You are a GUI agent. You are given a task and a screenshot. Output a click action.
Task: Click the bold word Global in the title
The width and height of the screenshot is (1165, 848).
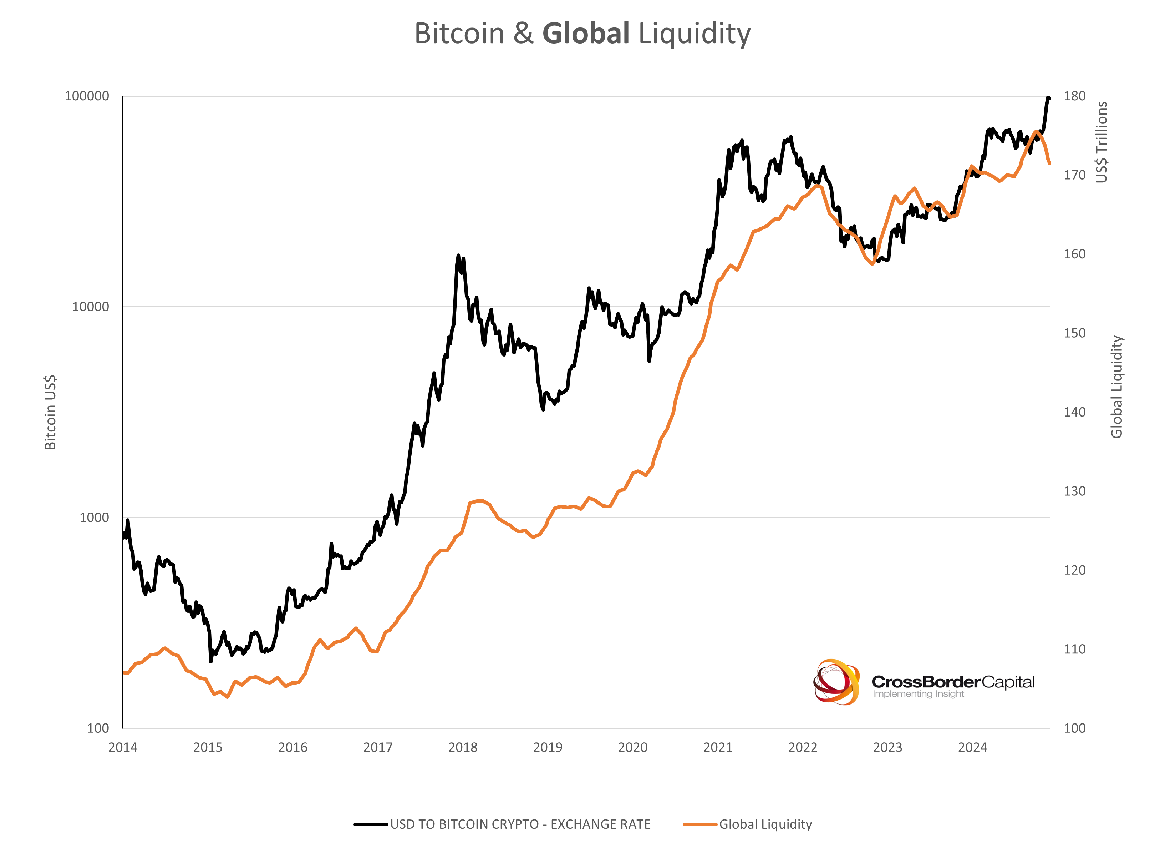(586, 34)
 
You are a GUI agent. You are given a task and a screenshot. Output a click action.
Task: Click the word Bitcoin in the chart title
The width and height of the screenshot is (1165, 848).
(459, 34)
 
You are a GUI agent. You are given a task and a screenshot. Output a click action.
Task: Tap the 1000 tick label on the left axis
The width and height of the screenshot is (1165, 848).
(94, 518)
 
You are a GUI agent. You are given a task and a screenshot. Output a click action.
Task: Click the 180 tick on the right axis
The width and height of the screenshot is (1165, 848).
(1075, 96)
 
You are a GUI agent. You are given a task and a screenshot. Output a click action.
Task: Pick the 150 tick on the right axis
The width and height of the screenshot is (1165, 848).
(1075, 333)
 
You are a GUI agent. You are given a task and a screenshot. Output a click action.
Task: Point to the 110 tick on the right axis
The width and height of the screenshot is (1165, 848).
(1075, 649)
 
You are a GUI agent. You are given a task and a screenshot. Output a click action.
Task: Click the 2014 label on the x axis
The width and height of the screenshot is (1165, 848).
(123, 747)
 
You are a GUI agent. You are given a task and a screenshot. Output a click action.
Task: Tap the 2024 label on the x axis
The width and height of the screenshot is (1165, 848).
(972, 747)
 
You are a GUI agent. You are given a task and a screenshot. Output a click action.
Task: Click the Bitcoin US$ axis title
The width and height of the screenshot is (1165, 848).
(50, 413)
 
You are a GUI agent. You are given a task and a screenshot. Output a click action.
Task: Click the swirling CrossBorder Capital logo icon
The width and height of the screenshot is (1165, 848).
(836, 682)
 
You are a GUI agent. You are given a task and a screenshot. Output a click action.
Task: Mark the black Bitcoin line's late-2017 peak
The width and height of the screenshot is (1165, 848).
(458, 256)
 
